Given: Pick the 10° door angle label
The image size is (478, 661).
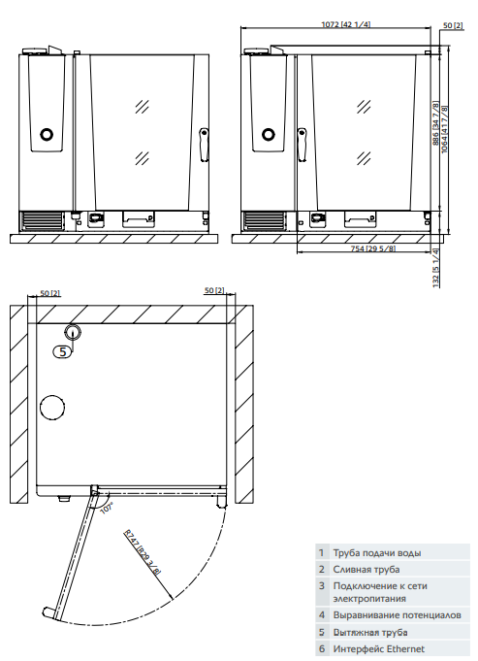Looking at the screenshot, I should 106,507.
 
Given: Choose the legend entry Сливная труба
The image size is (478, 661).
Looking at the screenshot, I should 366,569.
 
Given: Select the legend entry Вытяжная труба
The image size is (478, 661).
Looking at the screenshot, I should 370,632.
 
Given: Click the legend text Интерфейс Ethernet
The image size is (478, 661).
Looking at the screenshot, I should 378,648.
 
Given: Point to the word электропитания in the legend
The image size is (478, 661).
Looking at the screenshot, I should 372,599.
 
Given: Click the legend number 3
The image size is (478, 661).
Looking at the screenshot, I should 321,585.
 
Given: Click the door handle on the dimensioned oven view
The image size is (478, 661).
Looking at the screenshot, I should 300,145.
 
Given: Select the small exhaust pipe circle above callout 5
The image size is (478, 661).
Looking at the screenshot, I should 74,332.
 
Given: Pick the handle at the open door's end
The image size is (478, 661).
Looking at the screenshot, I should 48,613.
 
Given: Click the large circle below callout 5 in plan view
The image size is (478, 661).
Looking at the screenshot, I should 51,409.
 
